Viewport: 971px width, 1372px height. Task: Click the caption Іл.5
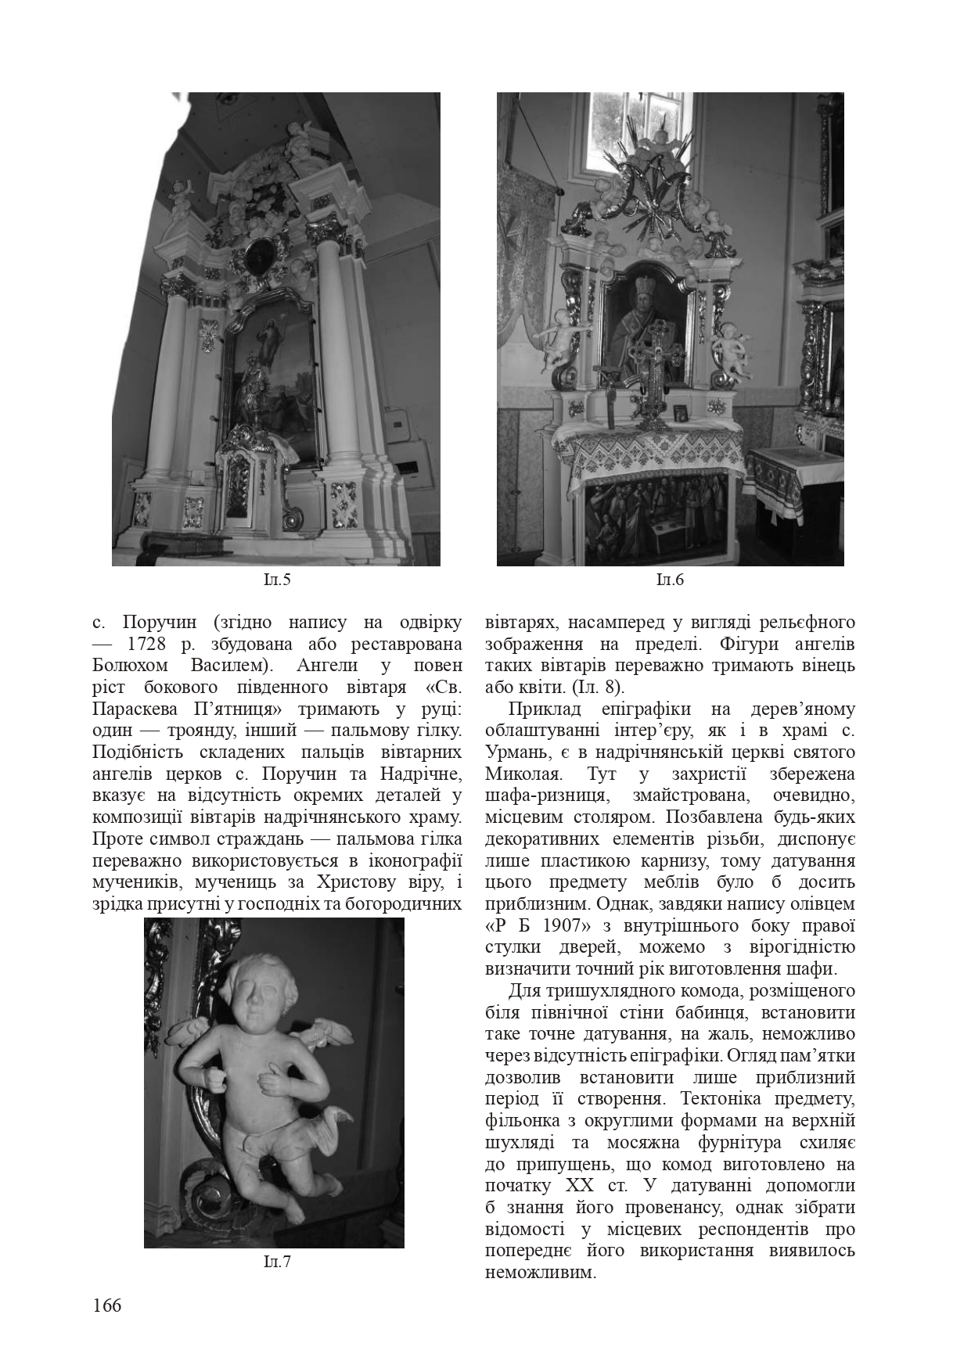(277, 580)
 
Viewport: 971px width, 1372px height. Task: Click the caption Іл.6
(670, 580)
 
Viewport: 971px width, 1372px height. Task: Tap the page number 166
(107, 1306)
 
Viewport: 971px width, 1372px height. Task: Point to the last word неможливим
(540, 1273)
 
